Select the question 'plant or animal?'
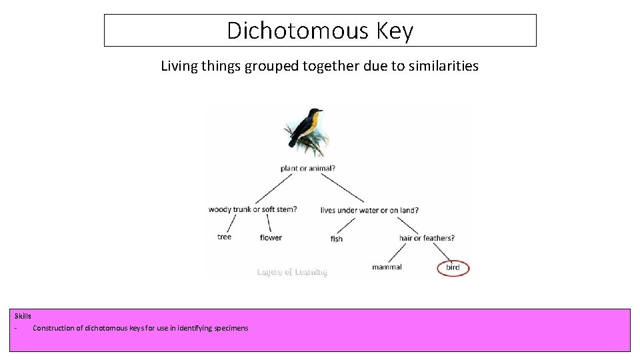tap(307, 168)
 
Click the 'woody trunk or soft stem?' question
tap(253, 209)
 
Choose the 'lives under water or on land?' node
tap(369, 210)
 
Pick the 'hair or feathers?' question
tap(427, 238)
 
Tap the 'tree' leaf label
tap(225, 237)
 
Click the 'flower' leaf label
tap(271, 237)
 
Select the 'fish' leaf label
tap(337, 239)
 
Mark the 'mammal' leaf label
tap(387, 267)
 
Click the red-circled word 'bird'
tap(453, 268)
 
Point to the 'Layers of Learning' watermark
tap(292, 272)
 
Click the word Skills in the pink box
tap(23, 316)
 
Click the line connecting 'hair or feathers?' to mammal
tap(397, 253)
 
